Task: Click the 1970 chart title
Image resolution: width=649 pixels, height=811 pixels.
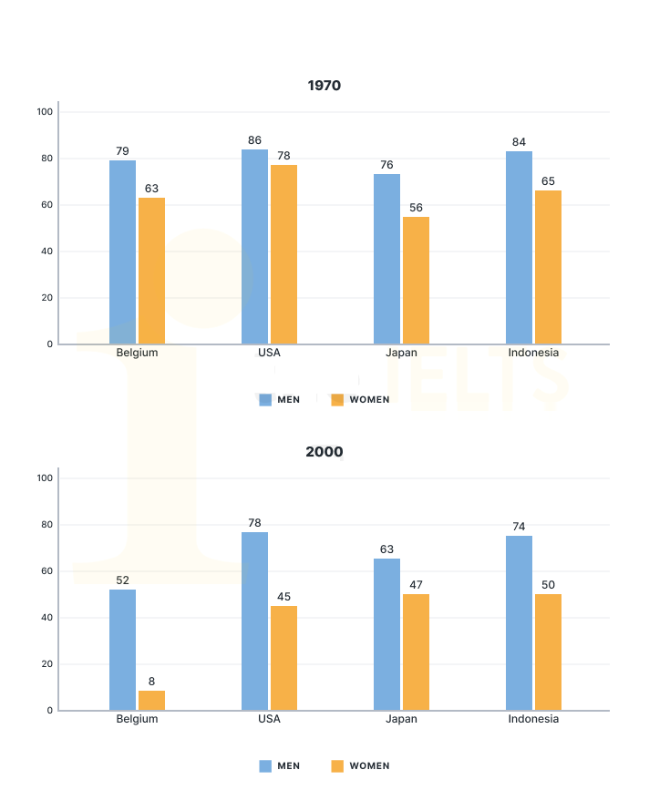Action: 324,86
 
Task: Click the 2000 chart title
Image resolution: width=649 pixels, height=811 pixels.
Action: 324,452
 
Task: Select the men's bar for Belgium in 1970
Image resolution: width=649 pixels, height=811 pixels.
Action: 122,252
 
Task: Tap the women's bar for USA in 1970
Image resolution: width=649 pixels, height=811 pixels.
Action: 283,254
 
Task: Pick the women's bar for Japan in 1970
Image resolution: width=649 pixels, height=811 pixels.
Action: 416,281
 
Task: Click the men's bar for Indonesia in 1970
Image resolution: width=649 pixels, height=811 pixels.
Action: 520,248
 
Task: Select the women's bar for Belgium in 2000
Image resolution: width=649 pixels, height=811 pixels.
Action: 151,701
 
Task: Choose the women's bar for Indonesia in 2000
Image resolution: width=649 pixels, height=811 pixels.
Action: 548,652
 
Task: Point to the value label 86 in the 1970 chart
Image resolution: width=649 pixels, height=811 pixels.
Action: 254,140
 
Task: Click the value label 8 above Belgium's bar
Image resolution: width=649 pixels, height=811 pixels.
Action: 151,680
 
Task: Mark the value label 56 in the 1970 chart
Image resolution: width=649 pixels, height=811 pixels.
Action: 416,208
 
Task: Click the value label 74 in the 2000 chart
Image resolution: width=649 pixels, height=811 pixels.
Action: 519,526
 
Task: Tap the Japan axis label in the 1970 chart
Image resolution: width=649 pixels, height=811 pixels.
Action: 401,353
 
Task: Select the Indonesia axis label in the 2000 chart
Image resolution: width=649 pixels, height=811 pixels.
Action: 533,719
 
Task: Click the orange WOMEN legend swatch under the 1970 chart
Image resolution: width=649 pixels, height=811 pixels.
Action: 337,399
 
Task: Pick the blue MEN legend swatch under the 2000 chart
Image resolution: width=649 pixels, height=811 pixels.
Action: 265,766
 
